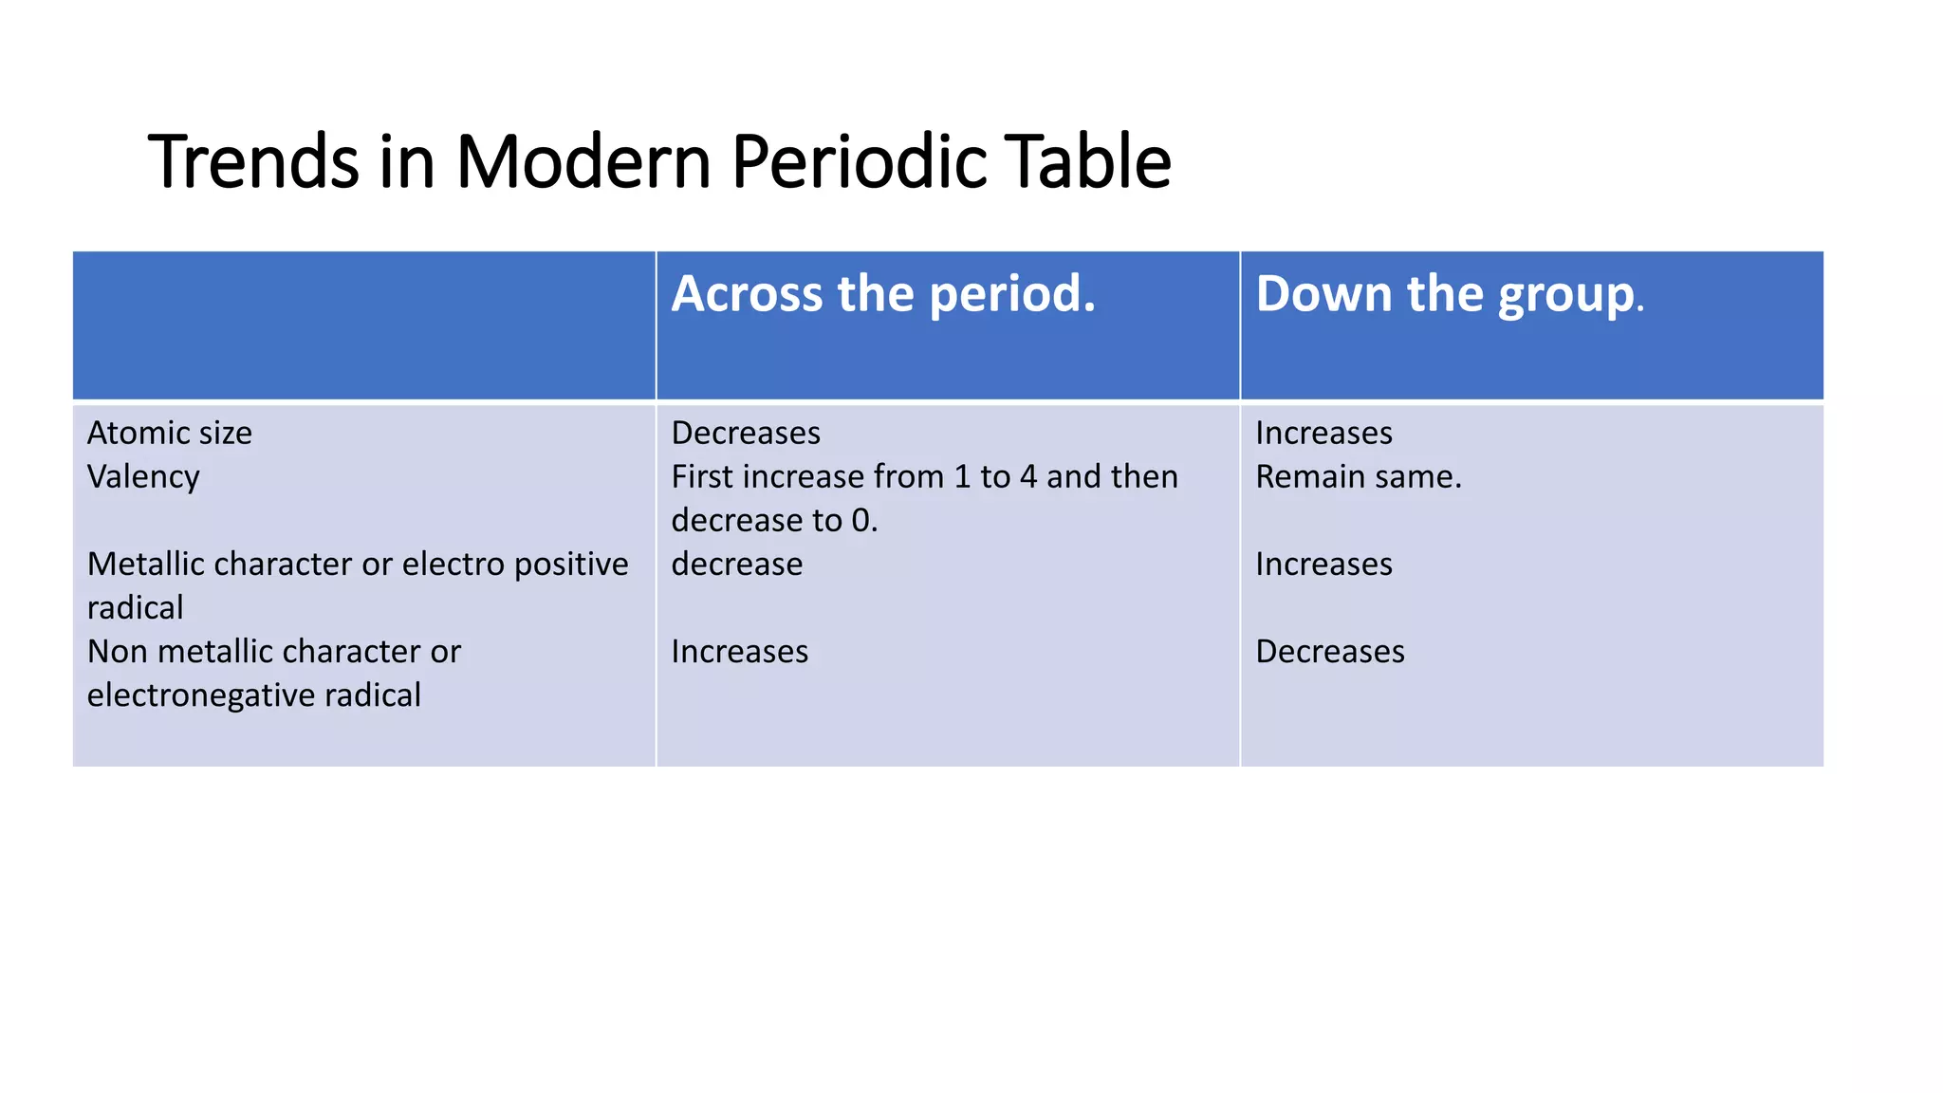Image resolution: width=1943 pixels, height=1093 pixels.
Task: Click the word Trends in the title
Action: point(253,161)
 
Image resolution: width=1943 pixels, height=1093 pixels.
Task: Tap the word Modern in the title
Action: point(583,161)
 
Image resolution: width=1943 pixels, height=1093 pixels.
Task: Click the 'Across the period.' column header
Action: point(883,293)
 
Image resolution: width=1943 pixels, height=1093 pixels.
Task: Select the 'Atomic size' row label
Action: point(170,433)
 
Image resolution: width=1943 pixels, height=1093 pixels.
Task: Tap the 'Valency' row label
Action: point(143,477)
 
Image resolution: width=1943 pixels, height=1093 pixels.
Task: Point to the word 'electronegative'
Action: point(201,695)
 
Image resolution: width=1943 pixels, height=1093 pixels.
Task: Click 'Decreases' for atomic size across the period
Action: point(746,433)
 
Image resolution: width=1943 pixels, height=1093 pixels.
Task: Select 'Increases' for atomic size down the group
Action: point(1323,433)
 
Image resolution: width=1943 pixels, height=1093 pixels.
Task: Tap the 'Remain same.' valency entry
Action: point(1358,476)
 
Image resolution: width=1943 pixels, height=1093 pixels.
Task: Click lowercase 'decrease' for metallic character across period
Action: point(736,564)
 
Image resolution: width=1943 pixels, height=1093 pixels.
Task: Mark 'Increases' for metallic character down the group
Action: point(1323,564)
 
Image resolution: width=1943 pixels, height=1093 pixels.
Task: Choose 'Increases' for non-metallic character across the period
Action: point(739,652)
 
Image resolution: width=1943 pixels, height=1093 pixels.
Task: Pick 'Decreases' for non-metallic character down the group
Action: point(1329,652)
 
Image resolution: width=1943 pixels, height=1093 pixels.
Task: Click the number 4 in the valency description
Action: point(1028,476)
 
